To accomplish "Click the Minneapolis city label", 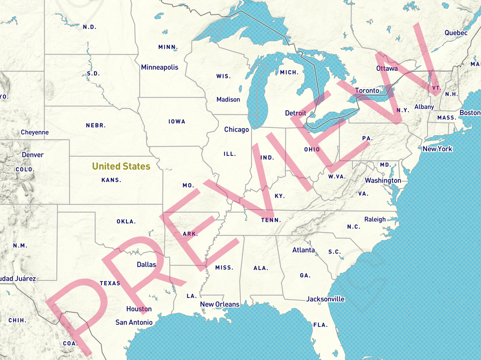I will tap(160, 67).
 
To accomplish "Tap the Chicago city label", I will tap(236, 130).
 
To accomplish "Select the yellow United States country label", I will tap(121, 166).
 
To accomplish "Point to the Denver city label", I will tap(32, 155).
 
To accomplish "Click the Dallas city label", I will tap(146, 265).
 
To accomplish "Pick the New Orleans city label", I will tap(220, 304).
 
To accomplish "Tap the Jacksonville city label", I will tap(325, 299).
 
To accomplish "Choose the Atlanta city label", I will tap(303, 250).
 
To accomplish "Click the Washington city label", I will tap(383, 181).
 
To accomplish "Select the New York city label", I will tap(437, 149).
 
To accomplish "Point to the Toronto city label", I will tap(367, 91).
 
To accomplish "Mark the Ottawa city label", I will tap(387, 69).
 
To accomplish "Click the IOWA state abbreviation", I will tap(177, 122).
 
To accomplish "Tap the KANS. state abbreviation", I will tap(111, 180).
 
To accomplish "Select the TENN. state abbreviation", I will tap(272, 220).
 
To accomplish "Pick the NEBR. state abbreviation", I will tap(96, 125).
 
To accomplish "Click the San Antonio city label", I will tap(134, 322).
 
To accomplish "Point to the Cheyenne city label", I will tap(35, 132).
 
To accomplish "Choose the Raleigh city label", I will tap(375, 219).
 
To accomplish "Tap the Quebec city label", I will tap(456, 33).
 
